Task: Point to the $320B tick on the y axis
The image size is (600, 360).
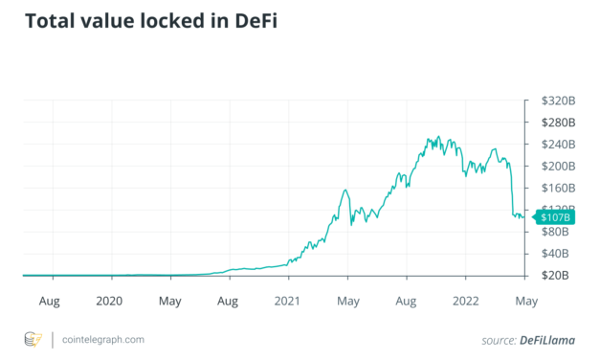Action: [x=554, y=101]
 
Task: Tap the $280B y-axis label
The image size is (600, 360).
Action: [x=554, y=123]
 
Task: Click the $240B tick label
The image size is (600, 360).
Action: [x=554, y=145]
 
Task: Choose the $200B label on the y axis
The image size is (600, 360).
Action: [x=554, y=166]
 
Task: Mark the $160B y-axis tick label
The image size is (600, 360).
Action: [x=554, y=188]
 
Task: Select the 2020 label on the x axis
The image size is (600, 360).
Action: [x=110, y=300]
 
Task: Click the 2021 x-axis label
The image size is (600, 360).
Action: [x=288, y=300]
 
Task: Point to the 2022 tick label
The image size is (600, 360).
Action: [x=468, y=300]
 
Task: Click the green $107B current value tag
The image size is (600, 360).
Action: [x=553, y=218]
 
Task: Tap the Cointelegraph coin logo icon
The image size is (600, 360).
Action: [x=33, y=339]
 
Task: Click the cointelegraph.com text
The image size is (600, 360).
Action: [x=103, y=339]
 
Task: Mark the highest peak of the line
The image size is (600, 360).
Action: [x=438, y=137]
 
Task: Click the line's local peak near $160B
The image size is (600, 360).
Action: [x=344, y=191]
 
